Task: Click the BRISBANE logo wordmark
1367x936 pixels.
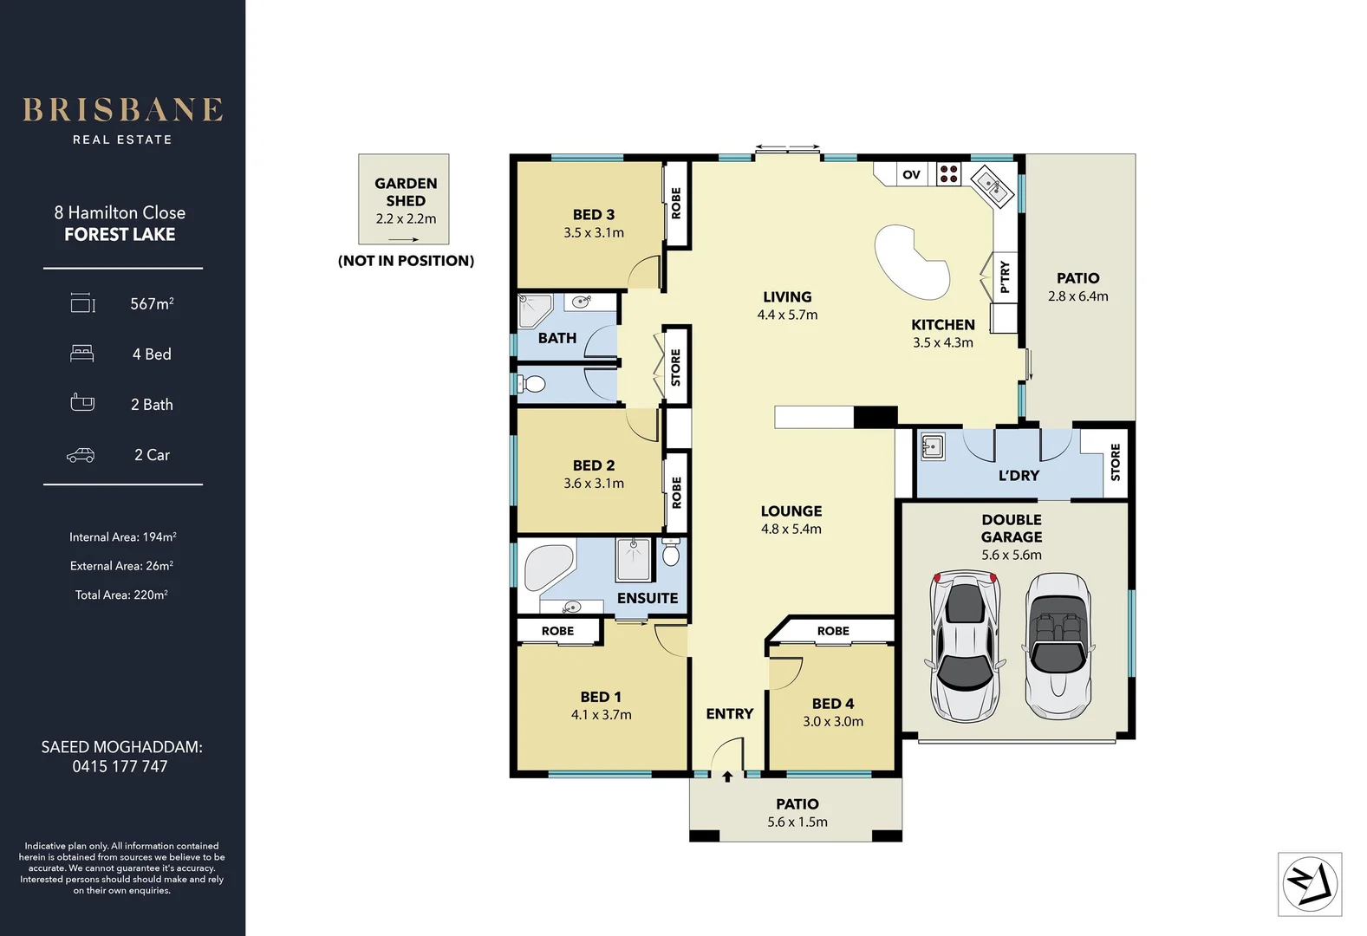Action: click(122, 110)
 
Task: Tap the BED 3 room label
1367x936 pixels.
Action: click(593, 214)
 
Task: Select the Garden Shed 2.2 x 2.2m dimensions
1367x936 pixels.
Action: click(406, 218)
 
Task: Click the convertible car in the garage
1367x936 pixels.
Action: click(1058, 645)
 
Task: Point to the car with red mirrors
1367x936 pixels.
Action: click(965, 645)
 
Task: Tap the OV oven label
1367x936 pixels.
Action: click(911, 174)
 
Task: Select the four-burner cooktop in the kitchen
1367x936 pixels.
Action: click(949, 174)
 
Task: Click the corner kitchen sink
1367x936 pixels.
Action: click(991, 186)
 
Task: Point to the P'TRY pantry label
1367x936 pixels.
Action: click(1005, 276)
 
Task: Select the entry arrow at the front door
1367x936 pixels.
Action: click(727, 777)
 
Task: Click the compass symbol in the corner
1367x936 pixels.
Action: click(1310, 885)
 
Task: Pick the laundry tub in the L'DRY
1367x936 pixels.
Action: click(932, 447)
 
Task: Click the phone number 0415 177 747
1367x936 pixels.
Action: click(120, 766)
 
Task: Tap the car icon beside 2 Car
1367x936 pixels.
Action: click(81, 455)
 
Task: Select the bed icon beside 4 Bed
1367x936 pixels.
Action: click(81, 354)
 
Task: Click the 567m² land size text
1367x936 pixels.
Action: click(152, 303)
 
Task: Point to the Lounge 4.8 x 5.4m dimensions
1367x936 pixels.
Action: click(791, 529)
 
